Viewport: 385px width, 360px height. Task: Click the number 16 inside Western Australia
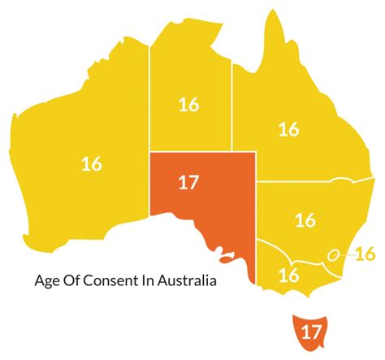91,164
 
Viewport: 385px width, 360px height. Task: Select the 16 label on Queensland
288,128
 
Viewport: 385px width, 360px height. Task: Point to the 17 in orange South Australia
188,182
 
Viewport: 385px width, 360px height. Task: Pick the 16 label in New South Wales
305,219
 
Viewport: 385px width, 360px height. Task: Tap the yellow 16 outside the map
365,254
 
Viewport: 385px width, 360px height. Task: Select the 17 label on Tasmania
309,332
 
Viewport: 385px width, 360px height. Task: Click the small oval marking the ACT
333,255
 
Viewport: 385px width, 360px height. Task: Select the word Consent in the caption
115,283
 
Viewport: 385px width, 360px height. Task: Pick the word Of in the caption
75,283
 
